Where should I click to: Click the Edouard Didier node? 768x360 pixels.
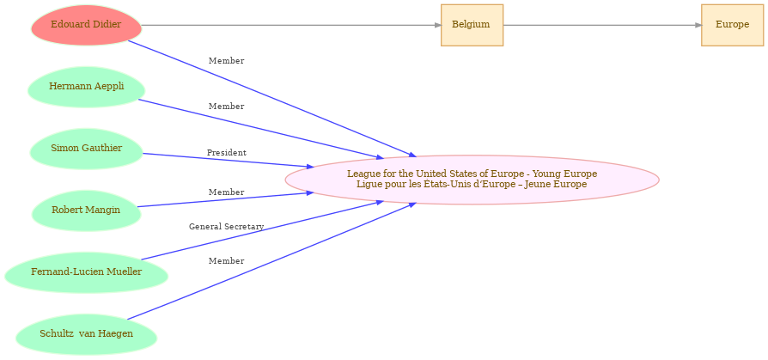tap(86, 25)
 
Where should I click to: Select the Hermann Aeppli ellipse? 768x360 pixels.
tap(86, 87)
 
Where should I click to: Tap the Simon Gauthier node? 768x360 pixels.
tap(86, 149)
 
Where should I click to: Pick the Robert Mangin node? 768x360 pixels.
tap(86, 211)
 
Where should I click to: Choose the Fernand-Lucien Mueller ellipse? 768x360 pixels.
tap(86, 272)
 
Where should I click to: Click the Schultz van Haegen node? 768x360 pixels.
tap(86, 334)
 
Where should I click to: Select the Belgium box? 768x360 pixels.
tap(472, 25)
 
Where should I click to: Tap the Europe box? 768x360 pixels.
tap(732, 25)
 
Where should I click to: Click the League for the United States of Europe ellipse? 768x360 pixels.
tap(472, 180)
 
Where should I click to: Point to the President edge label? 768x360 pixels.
tap(226, 153)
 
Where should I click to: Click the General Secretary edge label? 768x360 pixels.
tap(226, 227)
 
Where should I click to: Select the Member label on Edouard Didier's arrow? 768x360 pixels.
tap(226, 61)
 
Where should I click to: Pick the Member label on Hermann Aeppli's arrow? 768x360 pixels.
tap(226, 107)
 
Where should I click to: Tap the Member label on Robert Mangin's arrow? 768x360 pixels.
tap(226, 192)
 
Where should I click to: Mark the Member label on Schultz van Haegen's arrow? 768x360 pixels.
tap(226, 261)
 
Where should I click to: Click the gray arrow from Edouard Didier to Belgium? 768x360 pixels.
tap(291, 25)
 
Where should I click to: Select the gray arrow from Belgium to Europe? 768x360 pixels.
tap(602, 25)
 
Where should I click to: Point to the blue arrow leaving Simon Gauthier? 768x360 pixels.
tap(229, 161)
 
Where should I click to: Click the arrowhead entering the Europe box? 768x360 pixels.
tap(698, 25)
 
